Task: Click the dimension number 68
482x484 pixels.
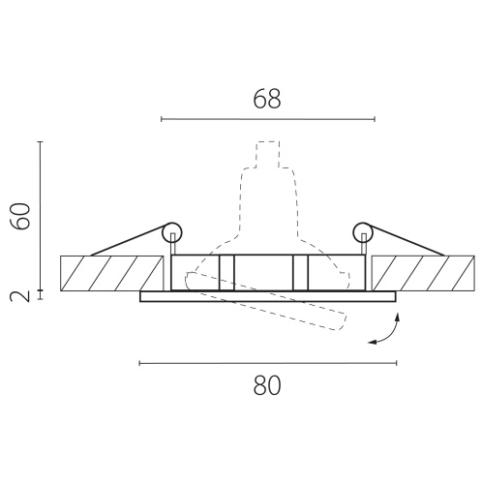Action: pos(267,99)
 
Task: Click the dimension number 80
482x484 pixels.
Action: pos(267,385)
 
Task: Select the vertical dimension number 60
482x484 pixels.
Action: pos(20,216)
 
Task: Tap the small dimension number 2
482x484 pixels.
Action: pos(20,295)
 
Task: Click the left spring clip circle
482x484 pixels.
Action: pos(172,232)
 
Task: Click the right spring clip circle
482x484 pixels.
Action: pos(363,232)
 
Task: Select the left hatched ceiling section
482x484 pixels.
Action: pos(112,273)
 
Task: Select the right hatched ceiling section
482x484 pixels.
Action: pos(423,273)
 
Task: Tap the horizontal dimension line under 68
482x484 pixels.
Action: pos(268,119)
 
